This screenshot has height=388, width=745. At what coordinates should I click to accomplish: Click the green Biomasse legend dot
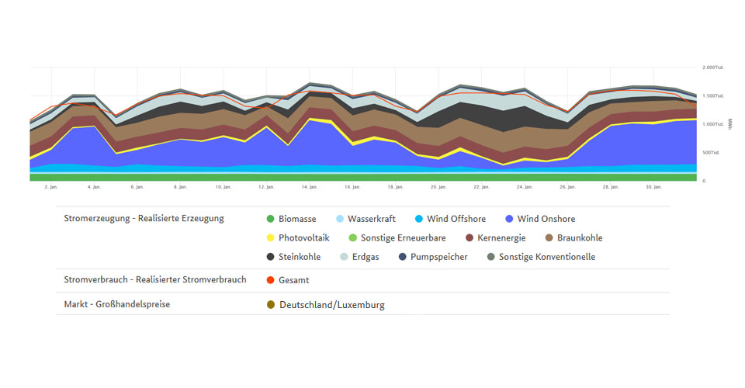(270, 219)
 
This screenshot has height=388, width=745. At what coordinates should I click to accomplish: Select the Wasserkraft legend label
(371, 219)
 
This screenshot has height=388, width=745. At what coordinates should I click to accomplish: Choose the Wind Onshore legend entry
(546, 219)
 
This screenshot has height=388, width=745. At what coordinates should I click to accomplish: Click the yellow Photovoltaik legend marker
(270, 238)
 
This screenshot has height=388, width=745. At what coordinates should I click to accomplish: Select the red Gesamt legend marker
(270, 280)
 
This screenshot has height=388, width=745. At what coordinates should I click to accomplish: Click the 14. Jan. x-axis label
(310, 187)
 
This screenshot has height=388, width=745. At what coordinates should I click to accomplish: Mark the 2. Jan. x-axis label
(51, 187)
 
